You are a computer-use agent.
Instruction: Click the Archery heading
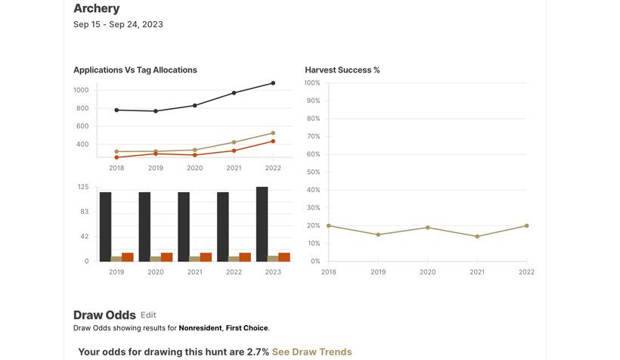tap(96, 8)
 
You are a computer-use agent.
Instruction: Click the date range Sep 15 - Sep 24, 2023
tap(118, 24)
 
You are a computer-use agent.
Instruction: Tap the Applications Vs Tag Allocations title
tap(135, 70)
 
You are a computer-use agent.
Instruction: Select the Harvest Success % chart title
tap(342, 70)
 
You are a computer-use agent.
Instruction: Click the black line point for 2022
tap(273, 83)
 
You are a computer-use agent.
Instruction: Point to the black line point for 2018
tap(116, 110)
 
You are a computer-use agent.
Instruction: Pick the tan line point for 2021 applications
tap(234, 142)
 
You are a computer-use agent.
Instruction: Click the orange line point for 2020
tap(194, 155)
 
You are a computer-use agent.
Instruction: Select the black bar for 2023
tap(262, 224)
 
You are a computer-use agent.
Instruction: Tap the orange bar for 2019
tap(127, 257)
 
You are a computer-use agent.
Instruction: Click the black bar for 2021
tap(184, 226)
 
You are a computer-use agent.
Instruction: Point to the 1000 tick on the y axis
tap(81, 90)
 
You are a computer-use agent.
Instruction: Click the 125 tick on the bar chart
tap(83, 187)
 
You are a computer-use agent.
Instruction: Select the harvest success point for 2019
tap(378, 234)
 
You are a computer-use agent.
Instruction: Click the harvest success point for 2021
tap(477, 237)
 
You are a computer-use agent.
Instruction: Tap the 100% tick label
tap(312, 82)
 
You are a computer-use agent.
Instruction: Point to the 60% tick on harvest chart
tap(312, 154)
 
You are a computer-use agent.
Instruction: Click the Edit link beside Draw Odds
tap(148, 315)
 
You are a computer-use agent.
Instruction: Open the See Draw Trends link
tap(312, 352)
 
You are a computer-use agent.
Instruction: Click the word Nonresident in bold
tap(200, 328)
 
